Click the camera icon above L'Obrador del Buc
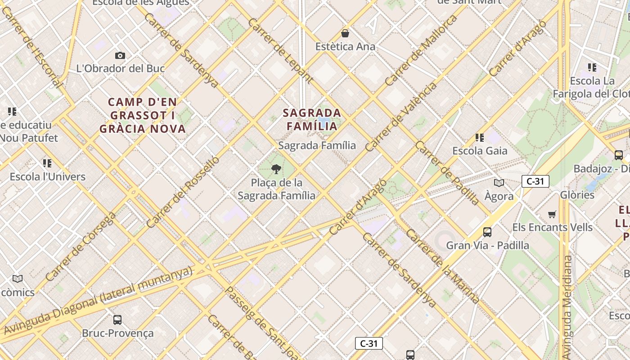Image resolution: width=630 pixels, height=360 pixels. (120, 55)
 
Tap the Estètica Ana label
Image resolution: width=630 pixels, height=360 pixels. (345, 47)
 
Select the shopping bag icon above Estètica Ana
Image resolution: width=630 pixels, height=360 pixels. (345, 33)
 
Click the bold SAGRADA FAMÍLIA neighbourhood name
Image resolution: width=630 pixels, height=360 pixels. (312, 119)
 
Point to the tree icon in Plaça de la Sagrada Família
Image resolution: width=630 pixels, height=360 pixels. (276, 169)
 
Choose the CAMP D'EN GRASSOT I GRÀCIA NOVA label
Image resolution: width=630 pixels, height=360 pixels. (143, 116)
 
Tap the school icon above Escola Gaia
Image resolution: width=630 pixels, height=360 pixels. (480, 137)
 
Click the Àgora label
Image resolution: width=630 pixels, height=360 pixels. (499, 196)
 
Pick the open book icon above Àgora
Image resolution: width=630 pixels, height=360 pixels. (499, 183)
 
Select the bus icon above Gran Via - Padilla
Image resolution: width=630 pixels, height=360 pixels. (487, 232)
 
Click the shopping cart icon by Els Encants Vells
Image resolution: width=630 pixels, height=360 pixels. (552, 214)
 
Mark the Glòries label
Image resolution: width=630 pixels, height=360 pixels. (577, 195)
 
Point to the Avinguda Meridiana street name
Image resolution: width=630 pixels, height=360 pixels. (567, 301)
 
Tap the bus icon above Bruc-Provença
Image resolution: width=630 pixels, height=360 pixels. (117, 320)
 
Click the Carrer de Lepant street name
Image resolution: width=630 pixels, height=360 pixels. (280, 51)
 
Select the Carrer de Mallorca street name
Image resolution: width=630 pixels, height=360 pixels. (421, 50)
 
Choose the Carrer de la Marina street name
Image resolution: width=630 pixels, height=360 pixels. (443, 266)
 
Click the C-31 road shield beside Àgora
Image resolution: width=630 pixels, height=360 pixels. (535, 181)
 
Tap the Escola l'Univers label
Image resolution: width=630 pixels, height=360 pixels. (48, 176)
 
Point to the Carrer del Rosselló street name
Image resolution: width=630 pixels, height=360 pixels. (183, 192)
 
